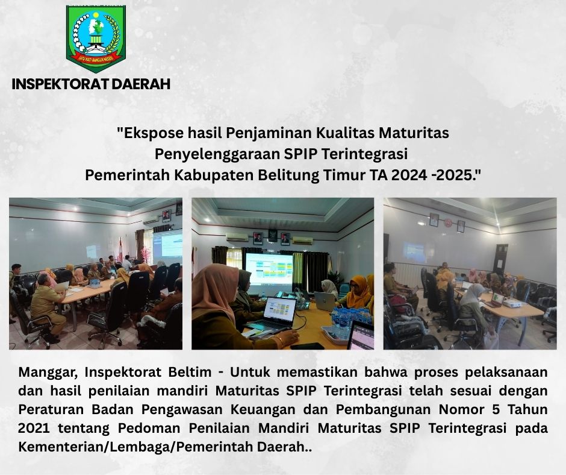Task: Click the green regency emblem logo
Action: [x=96, y=38]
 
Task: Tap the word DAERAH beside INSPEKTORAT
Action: [x=141, y=84]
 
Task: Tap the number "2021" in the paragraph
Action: [x=34, y=429]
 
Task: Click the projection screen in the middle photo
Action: [x=269, y=268]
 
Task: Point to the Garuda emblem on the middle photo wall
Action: [x=272, y=236]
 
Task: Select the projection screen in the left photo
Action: [x=167, y=246]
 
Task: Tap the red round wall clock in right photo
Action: [x=448, y=222]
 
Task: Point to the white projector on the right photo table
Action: [x=512, y=303]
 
